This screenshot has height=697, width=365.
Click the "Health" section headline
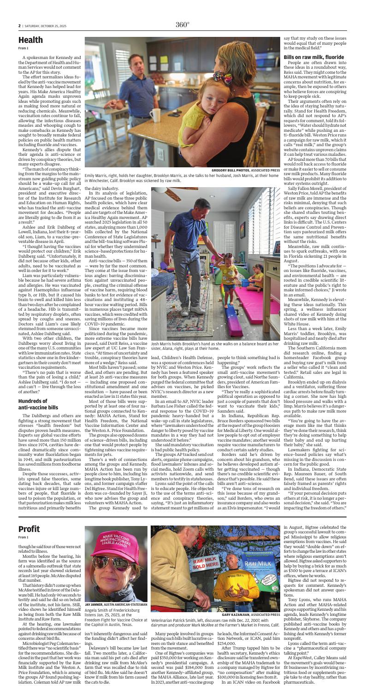pyautogui.click(x=30, y=40)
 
